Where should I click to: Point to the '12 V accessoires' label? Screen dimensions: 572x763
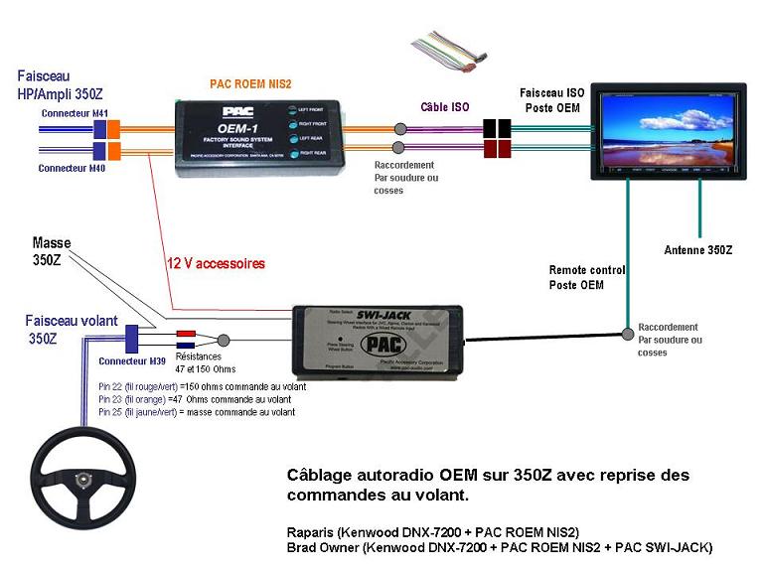point(216,265)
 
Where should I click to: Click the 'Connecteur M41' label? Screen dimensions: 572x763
point(74,113)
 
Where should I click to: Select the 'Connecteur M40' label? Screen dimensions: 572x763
point(72,168)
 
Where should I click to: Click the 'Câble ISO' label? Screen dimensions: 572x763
point(445,106)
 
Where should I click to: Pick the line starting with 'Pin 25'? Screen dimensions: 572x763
point(196,411)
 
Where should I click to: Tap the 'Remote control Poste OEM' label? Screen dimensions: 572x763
point(587,277)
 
